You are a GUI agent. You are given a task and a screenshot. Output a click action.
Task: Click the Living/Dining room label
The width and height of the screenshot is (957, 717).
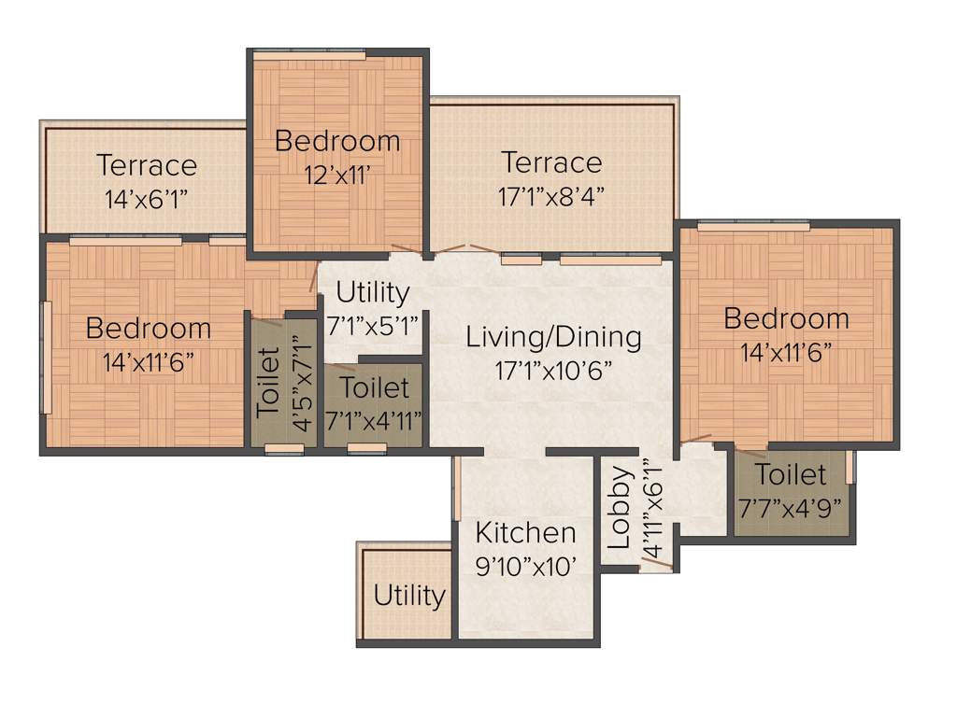pyautogui.click(x=553, y=337)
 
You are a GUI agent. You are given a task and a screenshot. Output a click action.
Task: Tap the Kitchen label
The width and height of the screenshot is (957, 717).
pyautogui.click(x=525, y=533)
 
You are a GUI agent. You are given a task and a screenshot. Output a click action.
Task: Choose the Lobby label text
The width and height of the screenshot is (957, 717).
pyautogui.click(x=620, y=508)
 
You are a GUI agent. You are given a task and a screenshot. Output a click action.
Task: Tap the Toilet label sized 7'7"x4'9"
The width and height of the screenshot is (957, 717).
pyautogui.click(x=791, y=474)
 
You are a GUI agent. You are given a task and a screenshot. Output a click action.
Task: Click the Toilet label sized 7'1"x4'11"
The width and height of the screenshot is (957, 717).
pyautogui.click(x=374, y=387)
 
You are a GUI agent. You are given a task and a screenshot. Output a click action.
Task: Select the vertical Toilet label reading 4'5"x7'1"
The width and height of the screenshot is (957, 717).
pyautogui.click(x=268, y=381)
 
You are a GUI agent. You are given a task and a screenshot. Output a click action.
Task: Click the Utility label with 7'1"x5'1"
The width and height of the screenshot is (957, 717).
pyautogui.click(x=372, y=293)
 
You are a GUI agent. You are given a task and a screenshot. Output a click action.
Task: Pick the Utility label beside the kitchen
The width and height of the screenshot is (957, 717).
pyautogui.click(x=409, y=596)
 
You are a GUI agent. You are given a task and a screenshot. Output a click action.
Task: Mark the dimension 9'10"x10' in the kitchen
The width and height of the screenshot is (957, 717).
pyautogui.click(x=525, y=566)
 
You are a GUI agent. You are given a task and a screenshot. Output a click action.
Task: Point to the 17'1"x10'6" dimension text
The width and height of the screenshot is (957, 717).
pyautogui.click(x=553, y=370)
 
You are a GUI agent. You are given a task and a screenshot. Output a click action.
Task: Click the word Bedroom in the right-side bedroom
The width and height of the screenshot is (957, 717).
pyautogui.click(x=786, y=318)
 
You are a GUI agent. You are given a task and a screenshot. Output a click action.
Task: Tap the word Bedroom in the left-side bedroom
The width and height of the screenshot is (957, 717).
pyautogui.click(x=149, y=329)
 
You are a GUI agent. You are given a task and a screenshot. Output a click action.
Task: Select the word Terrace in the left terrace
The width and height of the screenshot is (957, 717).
pyautogui.click(x=147, y=165)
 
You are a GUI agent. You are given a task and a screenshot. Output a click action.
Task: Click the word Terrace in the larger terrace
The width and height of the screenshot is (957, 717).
pyautogui.click(x=551, y=162)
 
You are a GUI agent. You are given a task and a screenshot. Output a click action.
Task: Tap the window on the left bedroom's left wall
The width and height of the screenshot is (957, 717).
pyautogui.click(x=44, y=344)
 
